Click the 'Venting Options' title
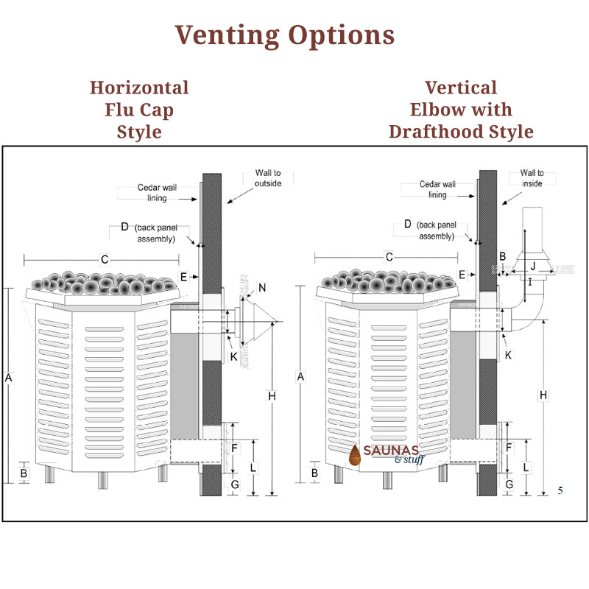[x=284, y=35]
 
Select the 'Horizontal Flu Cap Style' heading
[x=139, y=110]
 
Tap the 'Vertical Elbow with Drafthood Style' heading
[x=461, y=110]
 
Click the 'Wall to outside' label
[x=268, y=178]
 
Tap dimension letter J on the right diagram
[x=533, y=265]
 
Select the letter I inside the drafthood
[x=529, y=281]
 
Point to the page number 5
[x=560, y=490]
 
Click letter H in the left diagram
[x=272, y=397]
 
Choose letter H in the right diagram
[x=543, y=395]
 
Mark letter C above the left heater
[x=105, y=258]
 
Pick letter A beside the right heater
[x=300, y=377]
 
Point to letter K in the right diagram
[x=506, y=355]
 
